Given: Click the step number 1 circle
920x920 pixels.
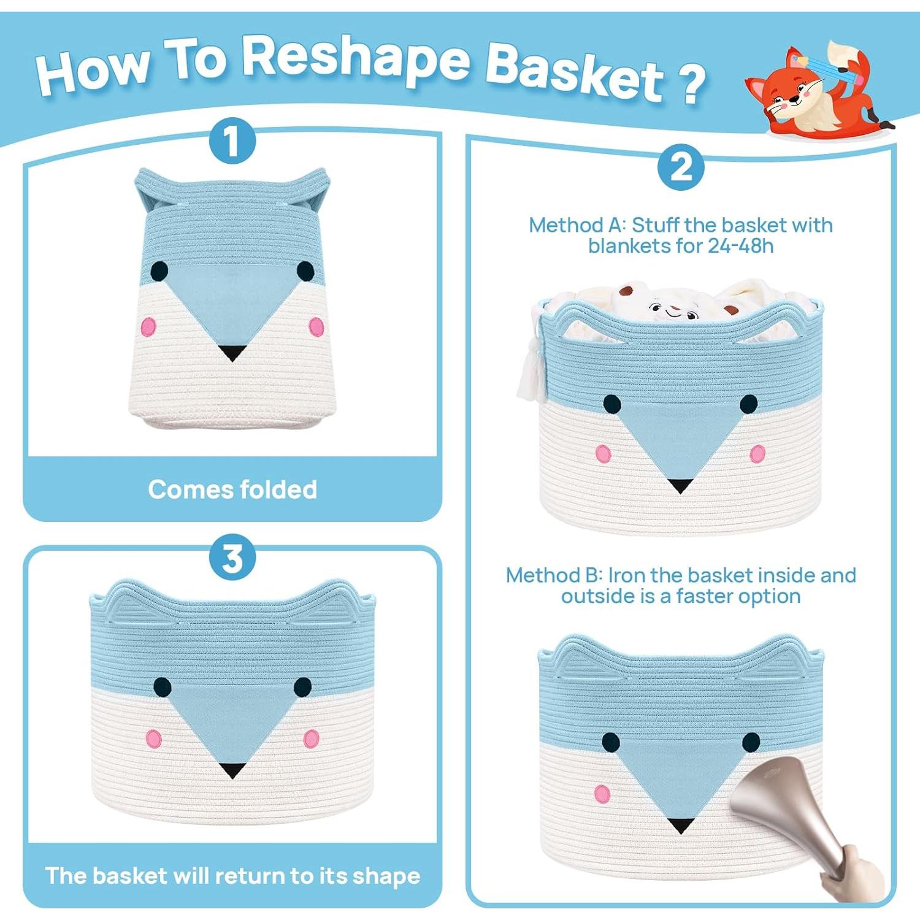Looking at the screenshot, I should coord(232,141).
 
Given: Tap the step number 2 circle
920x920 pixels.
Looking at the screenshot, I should coord(680,167).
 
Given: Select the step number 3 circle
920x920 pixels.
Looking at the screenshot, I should coord(232,558).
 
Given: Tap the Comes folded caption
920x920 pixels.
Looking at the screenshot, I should coord(232,489).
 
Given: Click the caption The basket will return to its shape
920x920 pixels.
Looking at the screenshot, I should coord(232,875).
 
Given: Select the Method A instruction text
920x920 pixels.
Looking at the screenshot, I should coord(680,235).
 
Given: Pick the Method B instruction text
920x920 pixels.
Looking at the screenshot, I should coord(680,585).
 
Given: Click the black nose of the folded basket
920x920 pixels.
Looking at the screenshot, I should coord(232,353).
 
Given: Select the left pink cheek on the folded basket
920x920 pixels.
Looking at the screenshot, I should coord(148,326).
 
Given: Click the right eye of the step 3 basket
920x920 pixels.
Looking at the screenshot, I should coord(303,687).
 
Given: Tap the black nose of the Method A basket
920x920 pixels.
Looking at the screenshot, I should coord(679,486).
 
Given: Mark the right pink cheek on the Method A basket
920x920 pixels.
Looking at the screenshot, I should coord(758,453).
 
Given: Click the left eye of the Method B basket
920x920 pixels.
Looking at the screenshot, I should coord(611,742).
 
